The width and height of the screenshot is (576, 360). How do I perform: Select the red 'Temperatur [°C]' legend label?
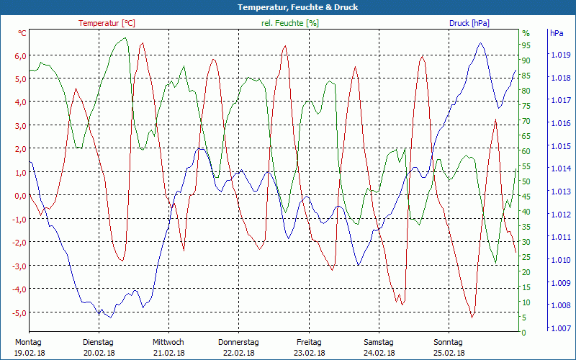pyautogui.click(x=107, y=23)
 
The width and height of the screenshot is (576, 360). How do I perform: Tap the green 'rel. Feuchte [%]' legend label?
pyautogui.click(x=289, y=23)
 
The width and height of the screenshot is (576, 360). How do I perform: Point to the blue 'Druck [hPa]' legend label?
pyautogui.click(x=469, y=23)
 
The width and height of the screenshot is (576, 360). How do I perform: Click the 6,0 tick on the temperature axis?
pyautogui.click(x=20, y=55)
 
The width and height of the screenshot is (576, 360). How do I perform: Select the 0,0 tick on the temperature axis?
pyautogui.click(x=20, y=196)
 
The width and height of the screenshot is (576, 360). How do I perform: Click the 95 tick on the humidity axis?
pyautogui.click(x=526, y=45)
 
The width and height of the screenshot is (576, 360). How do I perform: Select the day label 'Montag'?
pyautogui.click(x=28, y=342)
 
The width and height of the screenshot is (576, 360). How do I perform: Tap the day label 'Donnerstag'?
pyautogui.click(x=238, y=342)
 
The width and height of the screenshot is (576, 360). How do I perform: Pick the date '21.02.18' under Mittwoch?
pyautogui.click(x=168, y=353)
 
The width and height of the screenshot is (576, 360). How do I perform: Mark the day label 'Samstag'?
pyautogui.click(x=379, y=342)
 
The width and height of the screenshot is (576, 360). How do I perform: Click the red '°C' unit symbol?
pyautogui.click(x=22, y=33)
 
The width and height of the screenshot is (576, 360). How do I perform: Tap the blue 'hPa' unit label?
pyautogui.click(x=557, y=33)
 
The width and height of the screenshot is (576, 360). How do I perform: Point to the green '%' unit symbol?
pyautogui.click(x=526, y=33)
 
